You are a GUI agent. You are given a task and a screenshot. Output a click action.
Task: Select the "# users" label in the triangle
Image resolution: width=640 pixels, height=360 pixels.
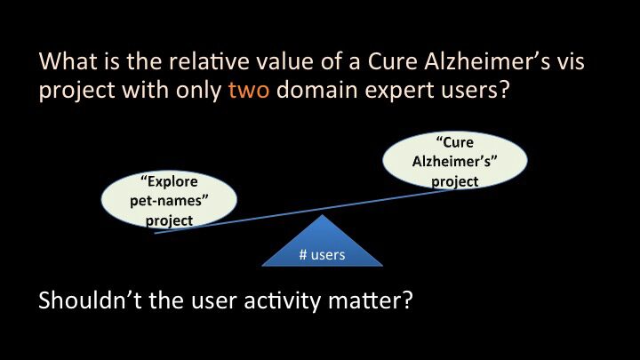(x=322, y=255)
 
